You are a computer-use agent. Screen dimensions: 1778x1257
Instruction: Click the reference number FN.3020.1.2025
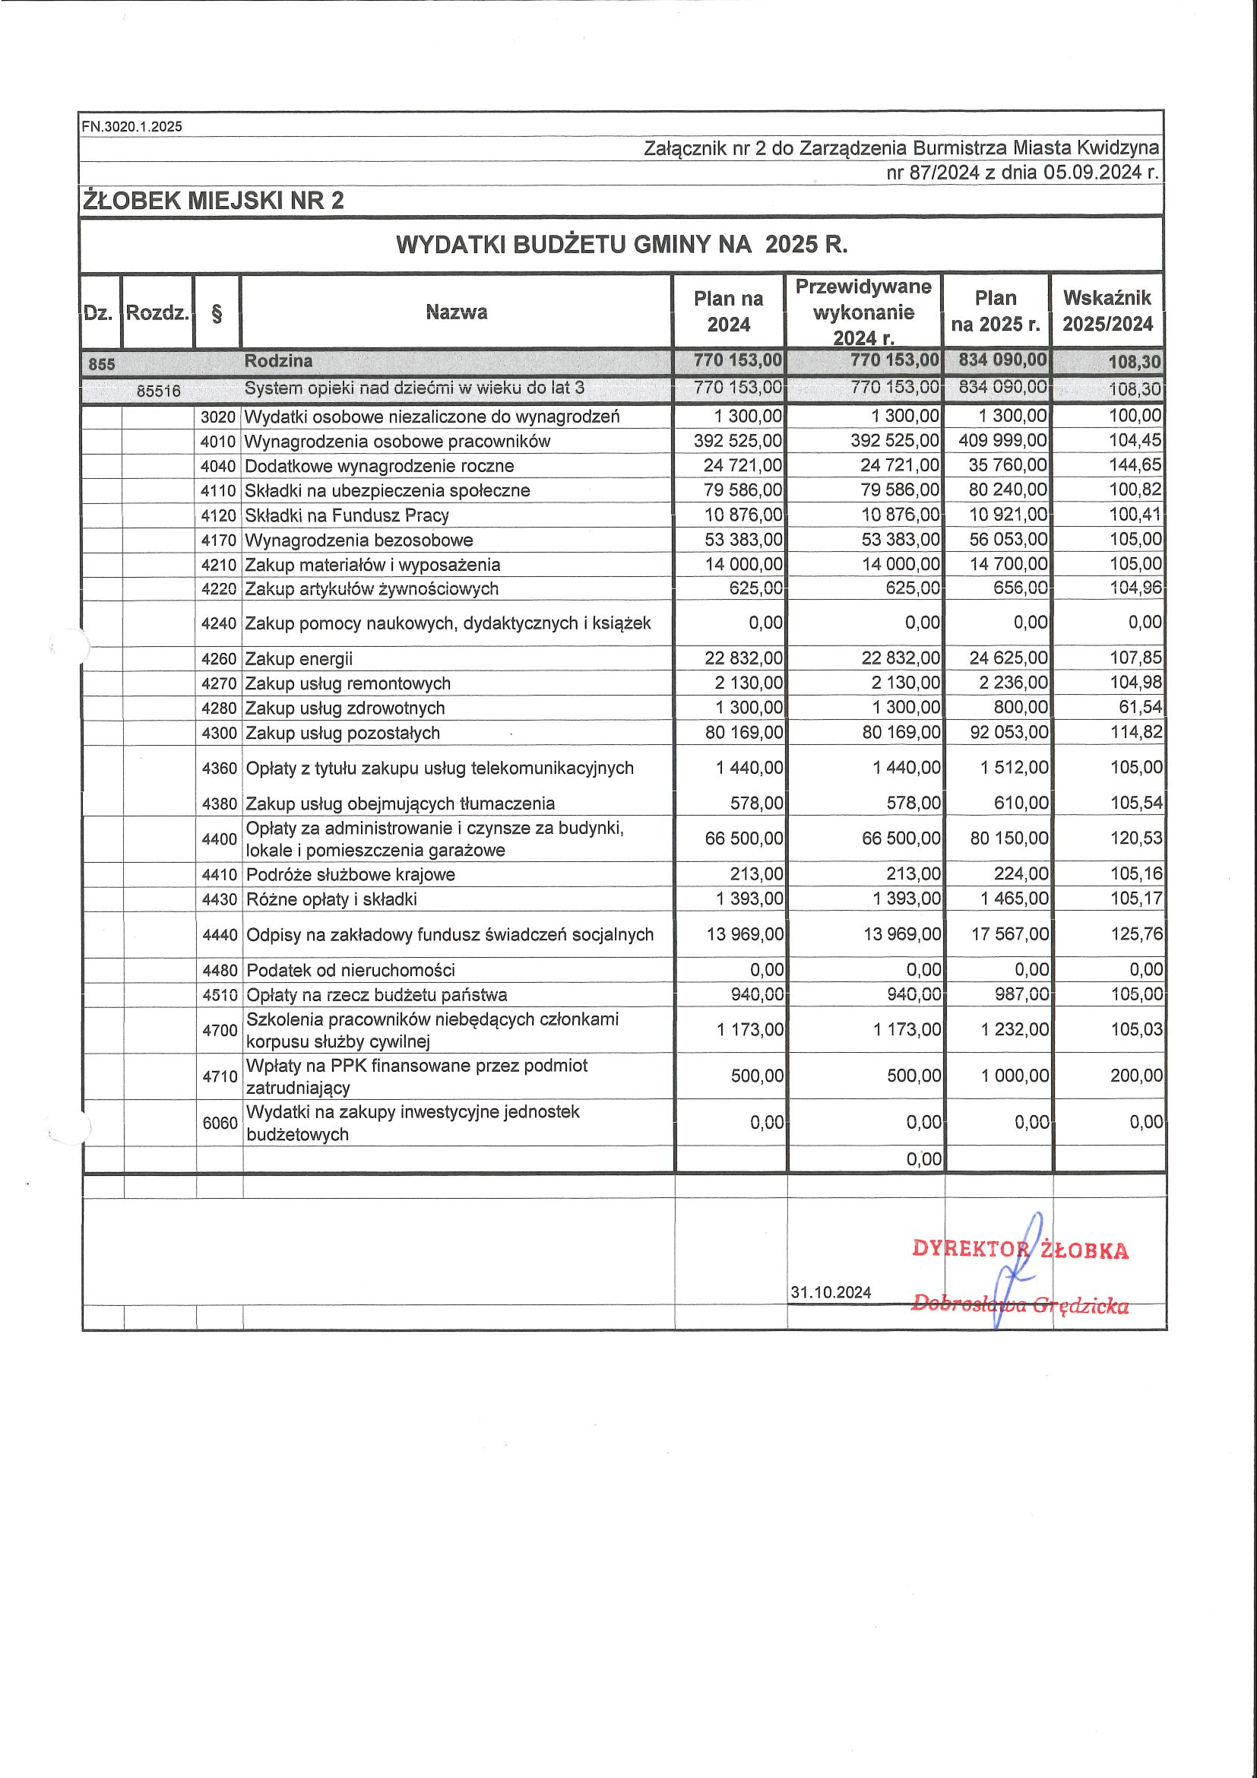point(132,127)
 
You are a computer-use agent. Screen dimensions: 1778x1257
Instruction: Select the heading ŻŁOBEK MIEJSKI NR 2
point(213,201)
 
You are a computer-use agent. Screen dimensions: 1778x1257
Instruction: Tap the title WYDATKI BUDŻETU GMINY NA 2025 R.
point(622,245)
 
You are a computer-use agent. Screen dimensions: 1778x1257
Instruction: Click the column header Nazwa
point(456,312)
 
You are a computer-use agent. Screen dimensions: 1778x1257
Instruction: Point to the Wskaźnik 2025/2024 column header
point(1107,311)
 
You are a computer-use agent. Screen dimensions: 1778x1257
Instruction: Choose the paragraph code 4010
point(217,442)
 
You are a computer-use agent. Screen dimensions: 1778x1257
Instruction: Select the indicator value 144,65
point(1135,465)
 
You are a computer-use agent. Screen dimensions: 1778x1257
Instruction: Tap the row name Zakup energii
point(299,659)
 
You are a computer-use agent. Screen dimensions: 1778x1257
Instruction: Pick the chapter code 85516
point(159,391)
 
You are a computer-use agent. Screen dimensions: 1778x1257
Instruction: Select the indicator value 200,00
point(1135,1076)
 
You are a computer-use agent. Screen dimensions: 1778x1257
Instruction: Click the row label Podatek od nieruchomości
point(350,970)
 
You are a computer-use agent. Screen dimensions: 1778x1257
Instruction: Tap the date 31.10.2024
point(831,1292)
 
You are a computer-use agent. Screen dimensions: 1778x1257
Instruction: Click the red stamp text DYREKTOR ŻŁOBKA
point(1019,1249)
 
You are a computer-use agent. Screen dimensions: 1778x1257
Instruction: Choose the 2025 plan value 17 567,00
point(1010,935)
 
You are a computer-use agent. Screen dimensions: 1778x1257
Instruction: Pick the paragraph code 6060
point(219,1122)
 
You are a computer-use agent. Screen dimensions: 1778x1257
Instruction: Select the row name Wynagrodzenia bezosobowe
point(359,540)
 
